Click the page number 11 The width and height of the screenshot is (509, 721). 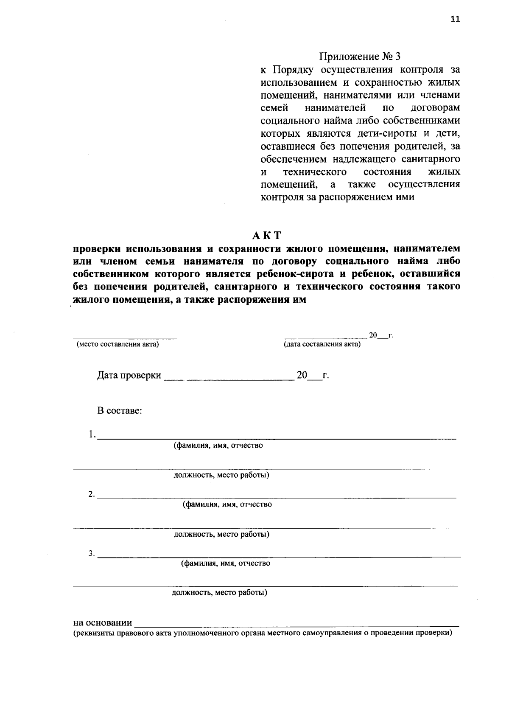pos(455,19)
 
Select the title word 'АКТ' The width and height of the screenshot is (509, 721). pos(266,236)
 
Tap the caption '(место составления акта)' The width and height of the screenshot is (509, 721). pos(117,344)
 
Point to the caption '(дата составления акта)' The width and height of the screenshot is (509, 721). pos(322,344)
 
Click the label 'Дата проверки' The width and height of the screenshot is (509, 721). pos(129,375)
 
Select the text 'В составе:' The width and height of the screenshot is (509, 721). pos(120,411)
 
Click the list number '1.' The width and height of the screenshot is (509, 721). pos(92,434)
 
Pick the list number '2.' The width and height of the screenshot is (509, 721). pos(92,494)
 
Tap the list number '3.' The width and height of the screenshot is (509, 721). pos(92,553)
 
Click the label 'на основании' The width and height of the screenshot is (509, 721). pos(103,623)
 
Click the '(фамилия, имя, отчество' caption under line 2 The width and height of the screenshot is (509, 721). pos(227,504)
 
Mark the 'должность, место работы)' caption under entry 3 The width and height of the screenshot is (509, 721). pos(219,593)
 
